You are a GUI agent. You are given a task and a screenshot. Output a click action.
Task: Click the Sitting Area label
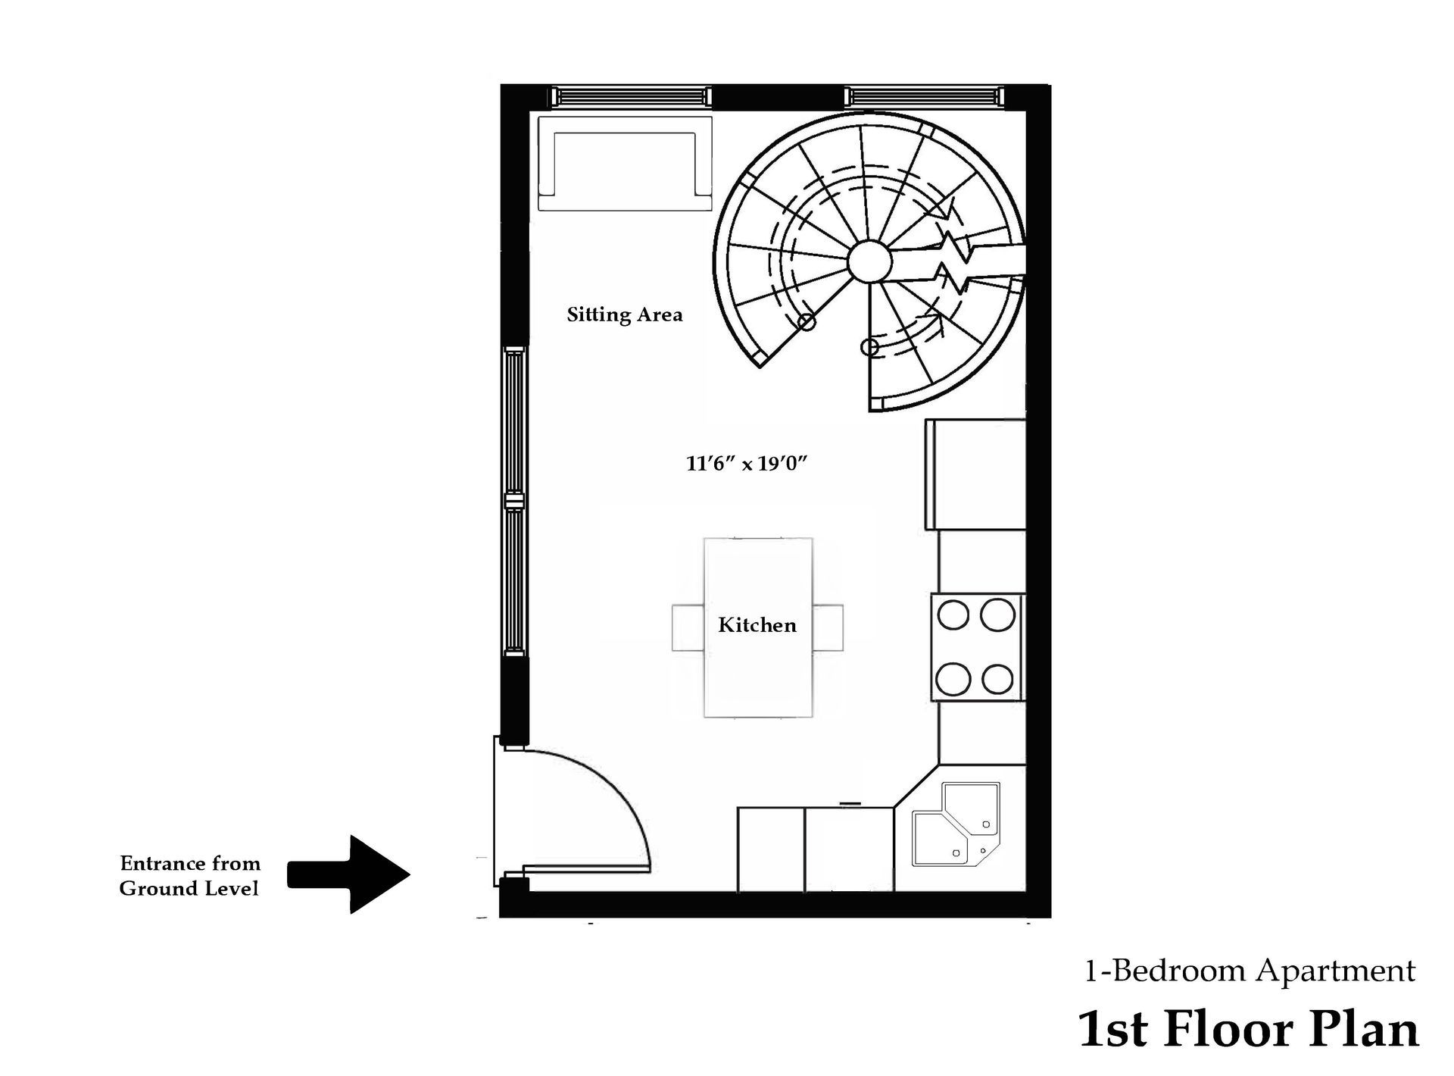[x=625, y=315]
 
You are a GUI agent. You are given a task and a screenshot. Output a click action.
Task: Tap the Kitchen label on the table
[x=757, y=626]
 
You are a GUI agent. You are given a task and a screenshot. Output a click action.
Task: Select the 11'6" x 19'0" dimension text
[x=747, y=464]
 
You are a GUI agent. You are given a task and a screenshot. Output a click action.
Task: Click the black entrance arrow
[x=348, y=874]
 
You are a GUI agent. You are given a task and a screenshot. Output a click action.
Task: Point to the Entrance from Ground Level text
[x=189, y=876]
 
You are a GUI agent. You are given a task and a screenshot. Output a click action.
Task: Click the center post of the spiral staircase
[x=869, y=262]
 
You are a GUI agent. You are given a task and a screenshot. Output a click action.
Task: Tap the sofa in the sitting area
[x=625, y=163]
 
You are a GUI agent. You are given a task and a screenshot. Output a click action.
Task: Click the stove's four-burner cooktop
[x=976, y=647]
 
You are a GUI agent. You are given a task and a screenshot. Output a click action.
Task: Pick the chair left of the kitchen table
[x=688, y=627]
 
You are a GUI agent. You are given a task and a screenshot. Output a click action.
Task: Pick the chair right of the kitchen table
[x=828, y=627]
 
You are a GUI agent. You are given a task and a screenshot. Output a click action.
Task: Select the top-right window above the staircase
[x=925, y=97]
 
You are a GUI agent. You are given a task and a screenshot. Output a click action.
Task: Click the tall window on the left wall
[x=515, y=502]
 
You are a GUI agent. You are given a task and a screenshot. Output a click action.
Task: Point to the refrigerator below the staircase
[x=975, y=474]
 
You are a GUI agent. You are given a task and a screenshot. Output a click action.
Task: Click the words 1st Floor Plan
[x=1248, y=1029]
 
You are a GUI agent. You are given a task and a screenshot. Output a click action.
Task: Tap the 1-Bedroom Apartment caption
[x=1250, y=971]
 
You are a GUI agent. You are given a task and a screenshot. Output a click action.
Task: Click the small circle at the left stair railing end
[x=807, y=322]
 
